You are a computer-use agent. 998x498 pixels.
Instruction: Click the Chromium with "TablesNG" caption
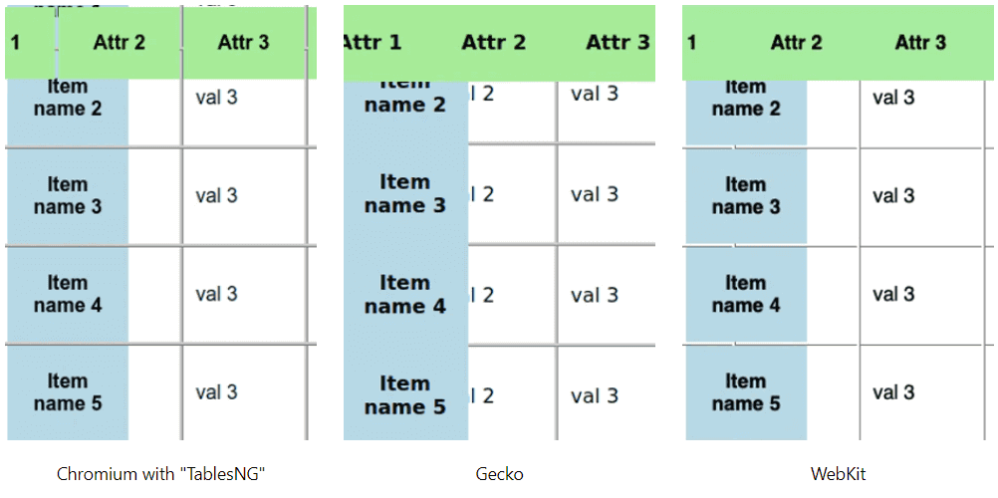click(x=161, y=474)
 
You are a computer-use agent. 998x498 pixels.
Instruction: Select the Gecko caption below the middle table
click(x=499, y=474)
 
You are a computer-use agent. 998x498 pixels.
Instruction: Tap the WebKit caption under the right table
click(x=838, y=474)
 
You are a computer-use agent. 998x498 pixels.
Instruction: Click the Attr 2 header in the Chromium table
click(x=120, y=42)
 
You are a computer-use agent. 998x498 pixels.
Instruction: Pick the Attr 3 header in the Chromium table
click(x=243, y=42)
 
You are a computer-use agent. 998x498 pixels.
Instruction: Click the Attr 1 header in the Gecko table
click(x=373, y=42)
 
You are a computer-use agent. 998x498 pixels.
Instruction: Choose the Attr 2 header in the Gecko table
click(x=493, y=42)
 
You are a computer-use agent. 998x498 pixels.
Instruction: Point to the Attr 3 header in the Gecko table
click(x=618, y=42)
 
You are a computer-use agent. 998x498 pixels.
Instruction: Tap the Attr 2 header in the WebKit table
click(x=796, y=42)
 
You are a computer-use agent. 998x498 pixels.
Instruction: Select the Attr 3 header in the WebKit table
click(x=920, y=42)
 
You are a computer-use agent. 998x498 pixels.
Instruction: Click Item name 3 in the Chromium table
click(x=68, y=196)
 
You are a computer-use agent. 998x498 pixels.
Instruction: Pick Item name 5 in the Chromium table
click(x=68, y=392)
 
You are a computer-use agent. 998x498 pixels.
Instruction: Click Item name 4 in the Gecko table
click(x=405, y=295)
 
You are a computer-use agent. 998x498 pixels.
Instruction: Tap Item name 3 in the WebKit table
click(x=746, y=196)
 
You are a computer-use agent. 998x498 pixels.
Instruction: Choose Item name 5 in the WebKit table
click(x=746, y=392)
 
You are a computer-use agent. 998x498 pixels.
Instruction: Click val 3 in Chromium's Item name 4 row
click(x=216, y=294)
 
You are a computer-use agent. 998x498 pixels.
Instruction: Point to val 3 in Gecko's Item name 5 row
click(x=595, y=395)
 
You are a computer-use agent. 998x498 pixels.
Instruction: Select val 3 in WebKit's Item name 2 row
click(x=893, y=98)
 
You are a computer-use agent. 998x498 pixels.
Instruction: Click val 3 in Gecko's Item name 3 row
click(x=595, y=194)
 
